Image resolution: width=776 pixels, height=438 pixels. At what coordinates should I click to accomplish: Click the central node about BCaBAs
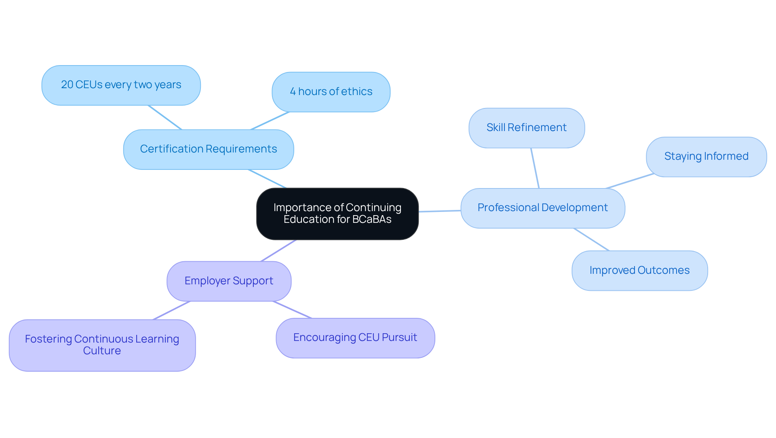(x=337, y=214)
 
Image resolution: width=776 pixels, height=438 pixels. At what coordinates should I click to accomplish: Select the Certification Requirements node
(x=208, y=149)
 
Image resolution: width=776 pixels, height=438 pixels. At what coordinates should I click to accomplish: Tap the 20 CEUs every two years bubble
(x=121, y=85)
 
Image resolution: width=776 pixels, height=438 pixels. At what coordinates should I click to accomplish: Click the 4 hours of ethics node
(x=331, y=92)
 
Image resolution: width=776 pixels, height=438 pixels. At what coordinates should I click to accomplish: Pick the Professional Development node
(x=542, y=208)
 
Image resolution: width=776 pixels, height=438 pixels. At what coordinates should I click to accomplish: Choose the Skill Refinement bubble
(x=526, y=128)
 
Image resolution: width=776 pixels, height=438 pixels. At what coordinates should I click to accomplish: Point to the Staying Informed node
(x=706, y=157)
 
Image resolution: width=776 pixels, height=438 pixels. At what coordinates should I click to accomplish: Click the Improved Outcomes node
(x=639, y=270)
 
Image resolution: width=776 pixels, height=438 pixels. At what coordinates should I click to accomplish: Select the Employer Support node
(x=229, y=281)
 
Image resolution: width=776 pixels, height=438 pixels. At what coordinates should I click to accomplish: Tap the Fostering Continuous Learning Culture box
(x=102, y=345)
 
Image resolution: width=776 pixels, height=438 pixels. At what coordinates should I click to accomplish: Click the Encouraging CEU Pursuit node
(x=355, y=338)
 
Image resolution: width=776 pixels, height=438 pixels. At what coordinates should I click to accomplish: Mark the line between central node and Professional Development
(x=440, y=211)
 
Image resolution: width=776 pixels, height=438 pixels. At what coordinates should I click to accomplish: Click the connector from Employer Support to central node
(x=278, y=250)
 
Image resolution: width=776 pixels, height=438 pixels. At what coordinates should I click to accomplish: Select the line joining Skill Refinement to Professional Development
(x=535, y=168)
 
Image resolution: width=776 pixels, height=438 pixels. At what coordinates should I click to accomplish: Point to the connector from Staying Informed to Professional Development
(x=630, y=181)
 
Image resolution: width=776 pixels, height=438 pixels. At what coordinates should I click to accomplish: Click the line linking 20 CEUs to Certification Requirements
(x=165, y=117)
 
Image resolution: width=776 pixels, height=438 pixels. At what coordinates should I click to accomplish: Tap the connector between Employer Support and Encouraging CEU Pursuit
(x=292, y=309)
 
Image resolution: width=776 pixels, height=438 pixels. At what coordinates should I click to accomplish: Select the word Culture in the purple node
(x=102, y=351)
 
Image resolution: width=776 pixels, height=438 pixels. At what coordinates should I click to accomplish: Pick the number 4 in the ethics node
(x=293, y=92)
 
